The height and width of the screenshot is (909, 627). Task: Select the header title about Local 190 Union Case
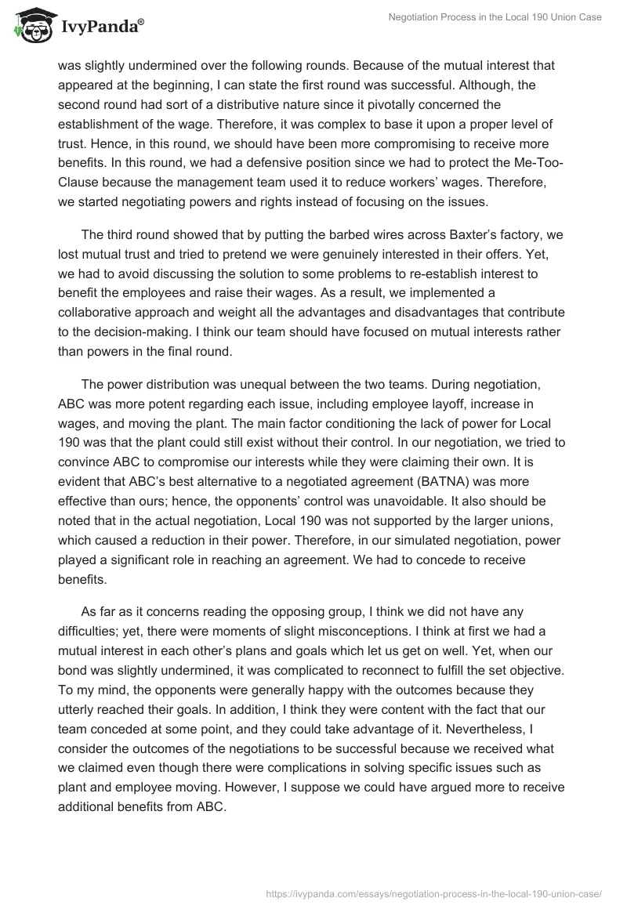pyautogui.click(x=495, y=17)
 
